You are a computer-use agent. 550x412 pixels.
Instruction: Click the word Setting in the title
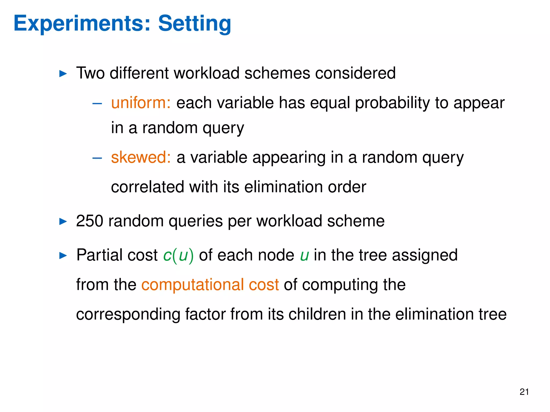[x=194, y=24]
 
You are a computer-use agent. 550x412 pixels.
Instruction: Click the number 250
[x=89, y=221]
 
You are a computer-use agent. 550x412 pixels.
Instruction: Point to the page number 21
[x=524, y=392]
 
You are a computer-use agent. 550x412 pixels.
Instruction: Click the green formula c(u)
[x=178, y=255]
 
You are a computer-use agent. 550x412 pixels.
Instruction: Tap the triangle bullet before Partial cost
[x=63, y=255]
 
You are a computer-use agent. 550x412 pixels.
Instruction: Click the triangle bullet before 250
[x=63, y=222]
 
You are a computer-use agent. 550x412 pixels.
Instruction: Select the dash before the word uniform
[x=97, y=104]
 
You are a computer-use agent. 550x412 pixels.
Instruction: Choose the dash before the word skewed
[x=97, y=158]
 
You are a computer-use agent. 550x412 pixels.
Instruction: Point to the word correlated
[x=147, y=187]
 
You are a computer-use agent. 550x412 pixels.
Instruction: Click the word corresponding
[x=128, y=315]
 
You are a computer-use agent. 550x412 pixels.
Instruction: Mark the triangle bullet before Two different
[x=63, y=73]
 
